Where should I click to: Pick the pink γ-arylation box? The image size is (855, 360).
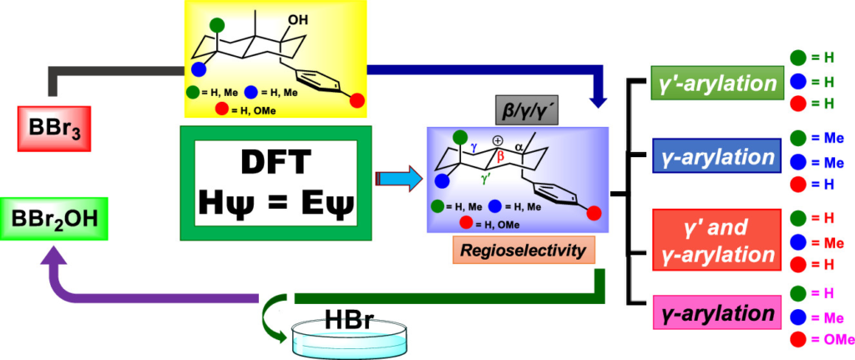[715, 315]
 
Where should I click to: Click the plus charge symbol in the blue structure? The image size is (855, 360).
[498, 141]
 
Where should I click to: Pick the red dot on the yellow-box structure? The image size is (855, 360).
[357, 100]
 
